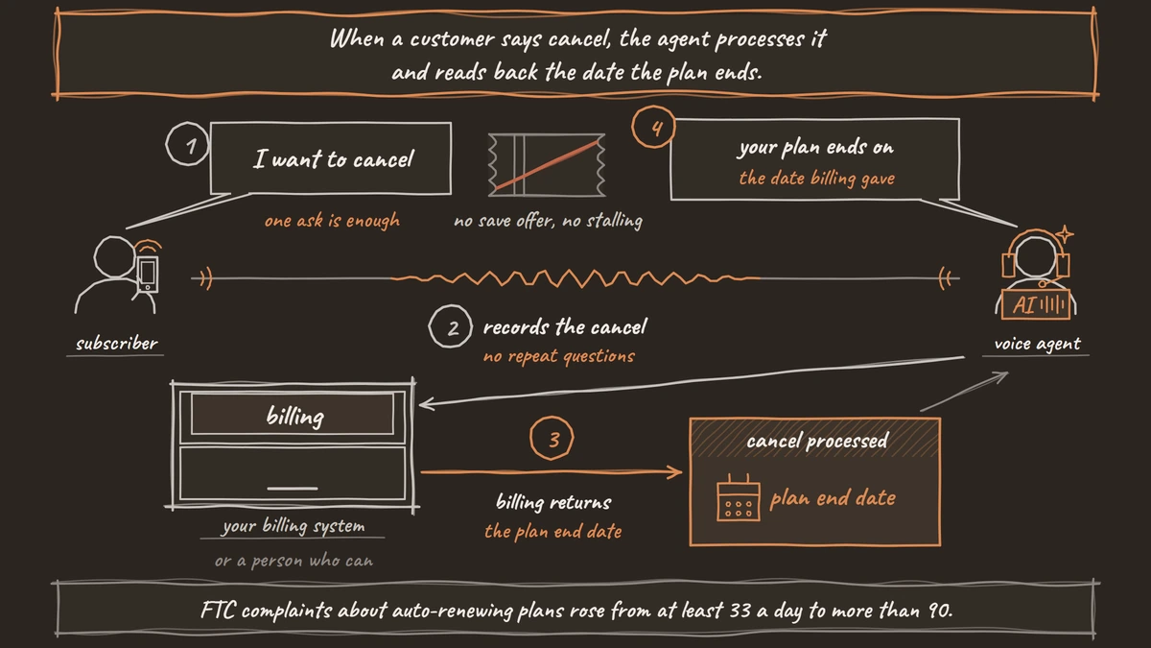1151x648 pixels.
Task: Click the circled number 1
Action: (187, 144)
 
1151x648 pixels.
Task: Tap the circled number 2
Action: (451, 326)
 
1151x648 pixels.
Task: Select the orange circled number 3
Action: (552, 438)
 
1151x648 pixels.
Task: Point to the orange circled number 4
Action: (654, 127)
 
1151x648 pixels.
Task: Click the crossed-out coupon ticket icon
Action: (547, 164)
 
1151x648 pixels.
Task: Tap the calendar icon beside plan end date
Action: (739, 497)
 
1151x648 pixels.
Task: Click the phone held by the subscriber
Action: (148, 275)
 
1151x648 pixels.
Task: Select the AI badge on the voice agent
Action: (1036, 304)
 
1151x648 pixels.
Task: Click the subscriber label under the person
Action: (117, 344)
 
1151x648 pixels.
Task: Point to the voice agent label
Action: (1037, 344)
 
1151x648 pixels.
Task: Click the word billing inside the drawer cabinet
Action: (295, 416)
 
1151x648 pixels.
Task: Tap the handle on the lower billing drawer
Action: (293, 488)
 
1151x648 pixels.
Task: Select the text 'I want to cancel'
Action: (334, 159)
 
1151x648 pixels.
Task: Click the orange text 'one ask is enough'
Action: (332, 221)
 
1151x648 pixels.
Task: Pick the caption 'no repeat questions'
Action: (559, 356)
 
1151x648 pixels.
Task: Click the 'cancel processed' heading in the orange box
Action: (817, 441)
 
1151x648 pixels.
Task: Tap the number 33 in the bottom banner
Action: (740, 611)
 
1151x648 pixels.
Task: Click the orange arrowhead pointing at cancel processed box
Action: (676, 471)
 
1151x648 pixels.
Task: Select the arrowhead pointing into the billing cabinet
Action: (426, 404)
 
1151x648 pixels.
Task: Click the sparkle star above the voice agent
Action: (1065, 234)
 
